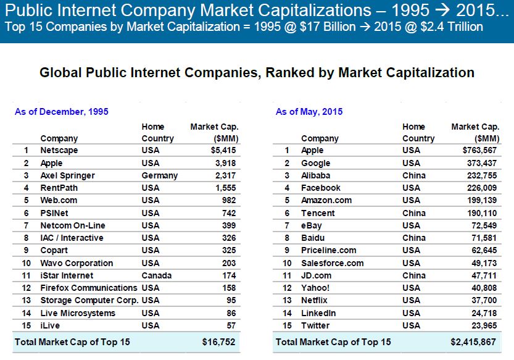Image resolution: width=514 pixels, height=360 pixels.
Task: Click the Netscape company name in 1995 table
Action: (59, 151)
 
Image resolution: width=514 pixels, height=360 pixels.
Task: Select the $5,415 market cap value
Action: (223, 151)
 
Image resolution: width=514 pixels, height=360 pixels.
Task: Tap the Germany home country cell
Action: (159, 175)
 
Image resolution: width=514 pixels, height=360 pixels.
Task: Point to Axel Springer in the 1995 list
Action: (68, 175)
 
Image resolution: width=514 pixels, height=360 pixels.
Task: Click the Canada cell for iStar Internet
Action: (156, 275)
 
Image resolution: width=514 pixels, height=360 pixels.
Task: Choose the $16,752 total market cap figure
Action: (218, 342)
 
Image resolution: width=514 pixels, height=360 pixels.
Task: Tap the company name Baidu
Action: (312, 238)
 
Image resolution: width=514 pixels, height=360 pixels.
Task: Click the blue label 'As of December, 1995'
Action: (62, 112)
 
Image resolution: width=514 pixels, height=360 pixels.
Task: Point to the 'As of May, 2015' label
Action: (309, 112)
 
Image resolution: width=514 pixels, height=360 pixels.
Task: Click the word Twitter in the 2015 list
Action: (315, 325)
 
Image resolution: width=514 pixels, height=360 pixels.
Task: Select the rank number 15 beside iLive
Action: (27, 325)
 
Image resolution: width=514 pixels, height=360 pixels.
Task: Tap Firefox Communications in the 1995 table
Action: (89, 288)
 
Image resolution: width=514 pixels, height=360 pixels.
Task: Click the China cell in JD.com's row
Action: (413, 275)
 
